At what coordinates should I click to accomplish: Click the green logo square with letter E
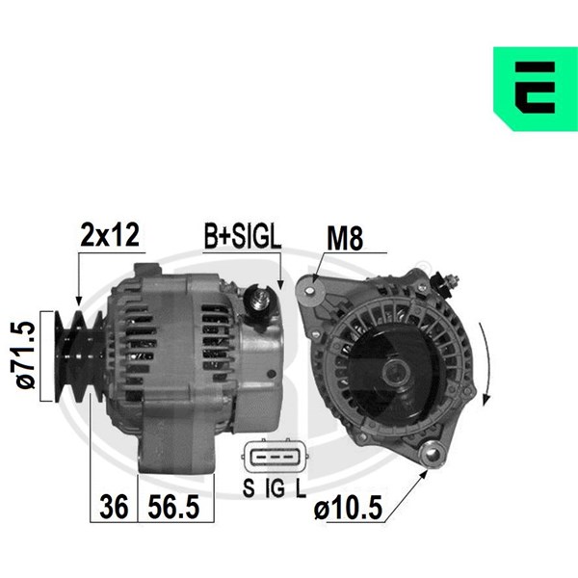pos(536,89)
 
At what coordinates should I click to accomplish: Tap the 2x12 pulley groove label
pos(110,235)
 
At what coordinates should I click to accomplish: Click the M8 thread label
pos(345,238)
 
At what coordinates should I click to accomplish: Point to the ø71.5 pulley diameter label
pos(26,355)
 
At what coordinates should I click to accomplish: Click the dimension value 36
pos(114,507)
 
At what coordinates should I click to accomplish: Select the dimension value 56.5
pos(173,507)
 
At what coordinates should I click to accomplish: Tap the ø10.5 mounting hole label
pos(348,508)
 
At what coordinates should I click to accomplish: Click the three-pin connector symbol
pos(275,457)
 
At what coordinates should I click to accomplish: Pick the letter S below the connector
pos(249,487)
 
